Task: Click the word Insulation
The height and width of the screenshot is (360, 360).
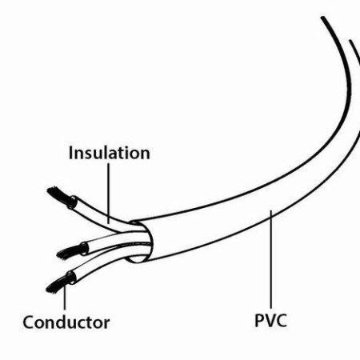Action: click(110, 153)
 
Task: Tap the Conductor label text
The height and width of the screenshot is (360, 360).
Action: click(66, 322)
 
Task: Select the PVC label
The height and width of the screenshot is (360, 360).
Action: click(270, 320)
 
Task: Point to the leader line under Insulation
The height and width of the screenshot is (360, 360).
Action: click(109, 194)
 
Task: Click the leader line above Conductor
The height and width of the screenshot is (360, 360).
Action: click(65, 296)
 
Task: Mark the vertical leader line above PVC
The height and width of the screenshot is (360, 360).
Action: click(271, 259)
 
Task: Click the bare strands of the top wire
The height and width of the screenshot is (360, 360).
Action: click(59, 196)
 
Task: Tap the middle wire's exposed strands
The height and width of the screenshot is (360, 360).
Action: click(69, 252)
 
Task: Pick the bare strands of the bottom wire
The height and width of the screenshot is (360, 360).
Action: click(58, 285)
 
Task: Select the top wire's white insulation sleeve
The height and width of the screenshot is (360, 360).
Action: click(98, 214)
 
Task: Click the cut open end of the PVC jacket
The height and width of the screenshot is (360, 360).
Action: click(141, 242)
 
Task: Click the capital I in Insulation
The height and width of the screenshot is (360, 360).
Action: click(70, 153)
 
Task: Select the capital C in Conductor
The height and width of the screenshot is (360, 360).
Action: click(28, 322)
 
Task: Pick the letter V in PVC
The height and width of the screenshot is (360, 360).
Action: click(270, 321)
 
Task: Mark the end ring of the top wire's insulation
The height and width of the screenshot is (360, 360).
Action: click(72, 202)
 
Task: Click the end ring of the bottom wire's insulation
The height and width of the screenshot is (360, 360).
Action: click(71, 278)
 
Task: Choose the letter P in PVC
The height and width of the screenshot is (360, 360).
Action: click(259, 321)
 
